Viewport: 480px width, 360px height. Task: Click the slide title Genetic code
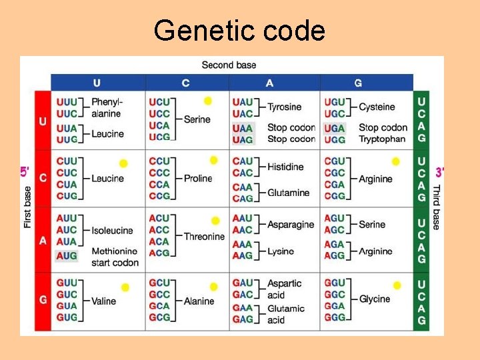(x=239, y=31)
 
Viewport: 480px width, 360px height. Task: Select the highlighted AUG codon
(x=67, y=256)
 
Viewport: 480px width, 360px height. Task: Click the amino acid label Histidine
(x=285, y=167)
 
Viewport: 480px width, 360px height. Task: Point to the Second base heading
(x=229, y=65)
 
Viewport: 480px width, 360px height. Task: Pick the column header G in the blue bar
(x=358, y=83)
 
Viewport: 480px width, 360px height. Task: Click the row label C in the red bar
(x=43, y=178)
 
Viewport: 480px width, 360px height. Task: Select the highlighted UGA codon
(x=334, y=127)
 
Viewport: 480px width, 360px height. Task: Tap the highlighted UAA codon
(x=243, y=127)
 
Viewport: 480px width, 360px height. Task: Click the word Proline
(x=198, y=178)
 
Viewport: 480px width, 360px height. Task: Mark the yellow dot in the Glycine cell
(x=397, y=285)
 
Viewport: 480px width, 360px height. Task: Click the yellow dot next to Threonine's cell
(x=215, y=221)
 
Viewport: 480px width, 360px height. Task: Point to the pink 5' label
(x=24, y=172)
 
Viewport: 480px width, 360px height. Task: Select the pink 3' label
(x=439, y=173)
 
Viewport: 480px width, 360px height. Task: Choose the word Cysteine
(x=377, y=107)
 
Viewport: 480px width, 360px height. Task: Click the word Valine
(x=104, y=301)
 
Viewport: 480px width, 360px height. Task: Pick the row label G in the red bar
(x=43, y=300)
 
